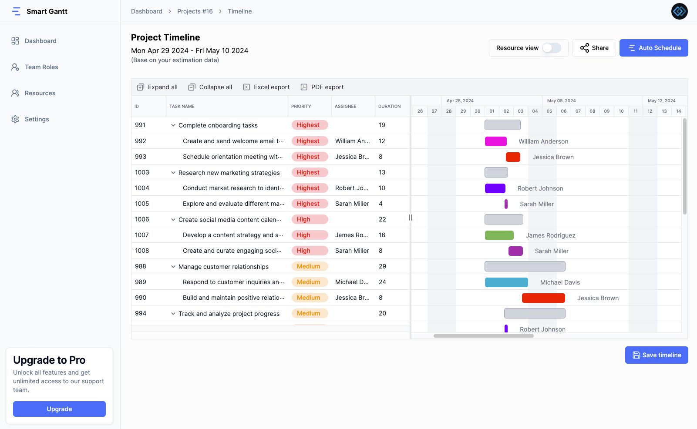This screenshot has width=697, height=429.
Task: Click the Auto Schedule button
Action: [x=653, y=48]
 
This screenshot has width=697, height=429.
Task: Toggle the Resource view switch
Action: [x=551, y=48]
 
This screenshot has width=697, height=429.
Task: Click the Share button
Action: [x=594, y=48]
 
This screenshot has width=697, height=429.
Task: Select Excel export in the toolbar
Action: [x=266, y=87]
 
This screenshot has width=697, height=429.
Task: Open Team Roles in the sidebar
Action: [x=41, y=67]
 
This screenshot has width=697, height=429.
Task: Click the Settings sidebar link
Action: [x=37, y=119]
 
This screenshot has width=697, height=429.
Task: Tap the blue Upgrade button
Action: [x=59, y=409]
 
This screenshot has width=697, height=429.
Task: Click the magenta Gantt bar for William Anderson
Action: [x=495, y=141]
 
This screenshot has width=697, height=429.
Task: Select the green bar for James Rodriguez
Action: [x=499, y=235]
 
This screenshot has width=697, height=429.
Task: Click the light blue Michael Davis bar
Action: [x=506, y=282]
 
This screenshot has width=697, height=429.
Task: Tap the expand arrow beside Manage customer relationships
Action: [x=173, y=267]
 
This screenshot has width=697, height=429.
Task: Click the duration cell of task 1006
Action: [x=382, y=219]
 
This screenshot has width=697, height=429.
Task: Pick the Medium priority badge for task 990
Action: [x=309, y=298]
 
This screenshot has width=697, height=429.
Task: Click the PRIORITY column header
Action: [x=301, y=106]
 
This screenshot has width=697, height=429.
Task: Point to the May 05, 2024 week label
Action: [x=561, y=101]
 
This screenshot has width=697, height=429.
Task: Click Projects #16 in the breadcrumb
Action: [x=195, y=11]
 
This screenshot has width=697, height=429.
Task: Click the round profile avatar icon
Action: [x=679, y=11]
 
